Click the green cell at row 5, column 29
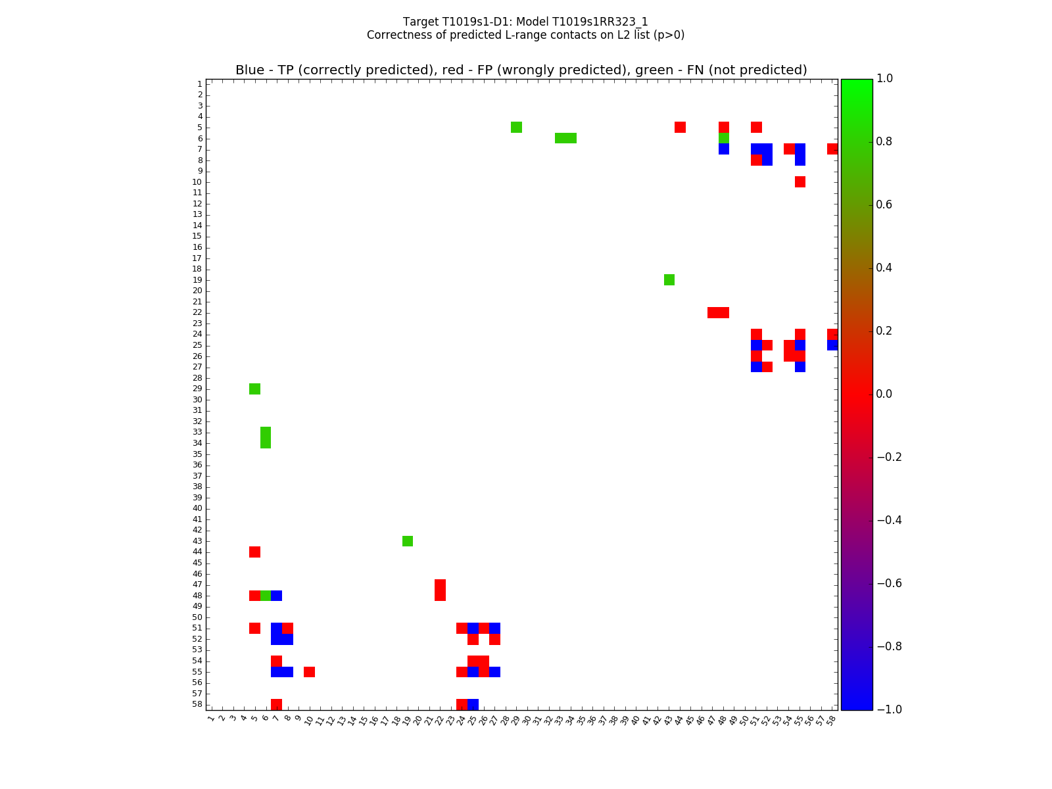click(x=516, y=127)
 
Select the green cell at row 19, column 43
click(x=669, y=279)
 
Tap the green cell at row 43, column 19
click(x=408, y=541)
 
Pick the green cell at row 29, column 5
click(x=254, y=389)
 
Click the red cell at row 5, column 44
click(x=680, y=127)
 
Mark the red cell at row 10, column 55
click(x=800, y=181)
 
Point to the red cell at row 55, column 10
click(x=309, y=672)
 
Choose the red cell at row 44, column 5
click(x=254, y=552)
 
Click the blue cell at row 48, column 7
click(x=276, y=596)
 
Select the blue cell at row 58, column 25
click(x=473, y=704)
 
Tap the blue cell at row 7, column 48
click(x=724, y=149)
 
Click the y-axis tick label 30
click(x=197, y=400)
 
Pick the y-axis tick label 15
click(x=197, y=236)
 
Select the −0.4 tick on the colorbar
click(x=890, y=520)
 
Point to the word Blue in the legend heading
click(x=250, y=70)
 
